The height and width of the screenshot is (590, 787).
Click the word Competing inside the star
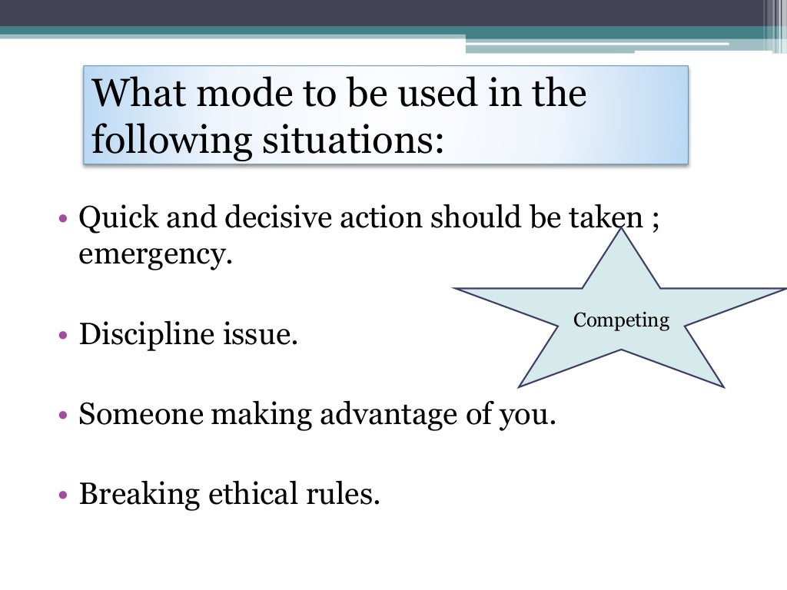621,320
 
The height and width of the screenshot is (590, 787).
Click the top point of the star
621,230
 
